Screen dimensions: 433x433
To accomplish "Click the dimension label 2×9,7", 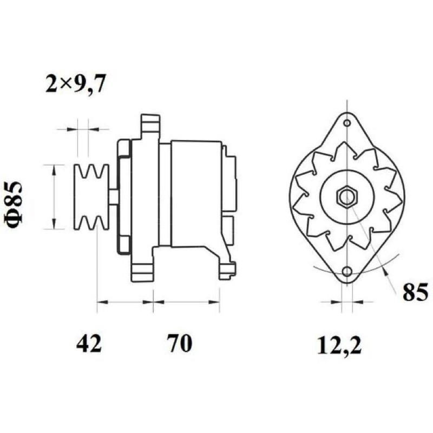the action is click(x=75, y=83).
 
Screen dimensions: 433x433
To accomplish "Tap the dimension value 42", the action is click(x=89, y=343).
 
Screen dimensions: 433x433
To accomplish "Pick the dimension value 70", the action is click(x=180, y=343).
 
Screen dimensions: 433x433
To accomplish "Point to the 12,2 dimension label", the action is click(x=339, y=345).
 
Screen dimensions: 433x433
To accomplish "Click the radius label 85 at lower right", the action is click(x=415, y=292).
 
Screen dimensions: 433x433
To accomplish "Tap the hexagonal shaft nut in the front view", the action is click(x=347, y=196).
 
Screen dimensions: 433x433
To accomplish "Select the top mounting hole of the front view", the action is click(x=347, y=123).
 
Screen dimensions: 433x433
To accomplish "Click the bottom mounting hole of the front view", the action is click(x=347, y=272).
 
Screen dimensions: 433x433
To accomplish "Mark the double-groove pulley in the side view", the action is click(x=91, y=196).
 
